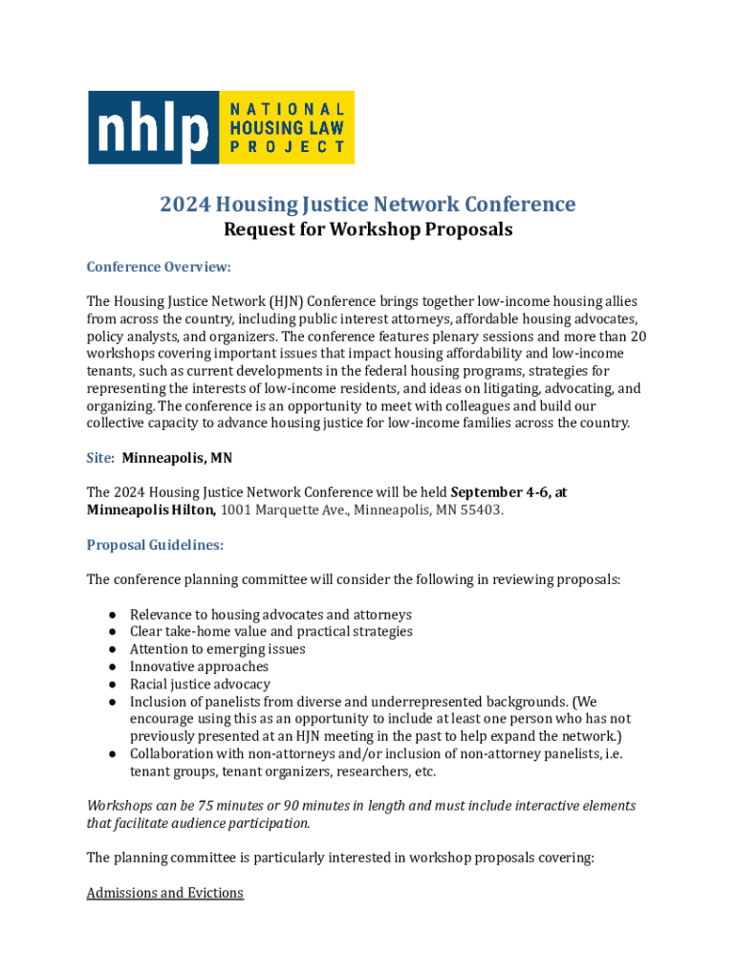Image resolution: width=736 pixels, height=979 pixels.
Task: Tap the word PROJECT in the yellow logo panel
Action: (286, 147)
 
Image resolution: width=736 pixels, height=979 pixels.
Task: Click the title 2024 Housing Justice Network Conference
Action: (368, 205)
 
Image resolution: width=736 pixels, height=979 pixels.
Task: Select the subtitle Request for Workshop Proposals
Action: (368, 229)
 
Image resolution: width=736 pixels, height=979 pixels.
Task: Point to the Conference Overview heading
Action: (159, 266)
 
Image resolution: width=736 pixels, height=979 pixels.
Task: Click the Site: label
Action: (100, 458)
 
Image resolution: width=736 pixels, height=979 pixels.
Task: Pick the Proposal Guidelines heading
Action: (155, 545)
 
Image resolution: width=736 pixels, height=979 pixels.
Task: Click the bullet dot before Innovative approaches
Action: (112, 667)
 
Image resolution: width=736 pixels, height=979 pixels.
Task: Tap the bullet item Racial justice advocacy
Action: (200, 685)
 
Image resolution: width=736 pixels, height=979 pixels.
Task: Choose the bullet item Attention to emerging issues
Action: (218, 649)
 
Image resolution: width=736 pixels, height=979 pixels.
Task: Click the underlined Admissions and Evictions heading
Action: (164, 893)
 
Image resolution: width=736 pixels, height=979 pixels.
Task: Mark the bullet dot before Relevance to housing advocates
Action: (112, 615)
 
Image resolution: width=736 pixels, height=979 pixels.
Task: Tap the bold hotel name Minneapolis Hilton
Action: (151, 510)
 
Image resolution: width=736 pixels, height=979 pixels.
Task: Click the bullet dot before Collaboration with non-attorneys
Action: (112, 754)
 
